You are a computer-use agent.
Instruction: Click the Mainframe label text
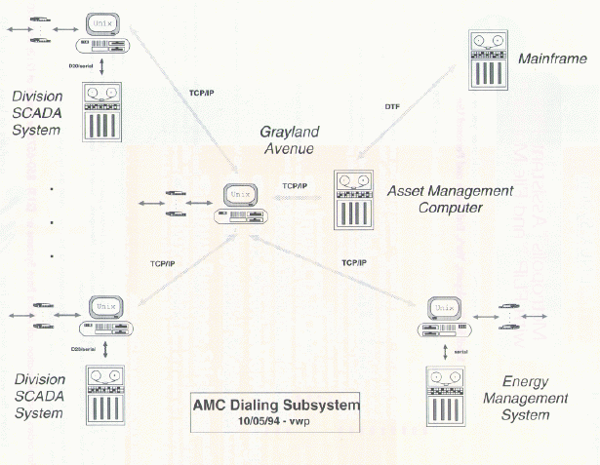552,59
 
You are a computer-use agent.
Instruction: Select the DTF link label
392,105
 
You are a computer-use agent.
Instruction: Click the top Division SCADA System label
43,111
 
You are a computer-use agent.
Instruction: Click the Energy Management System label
533,398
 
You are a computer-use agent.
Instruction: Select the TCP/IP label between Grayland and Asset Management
294,185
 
